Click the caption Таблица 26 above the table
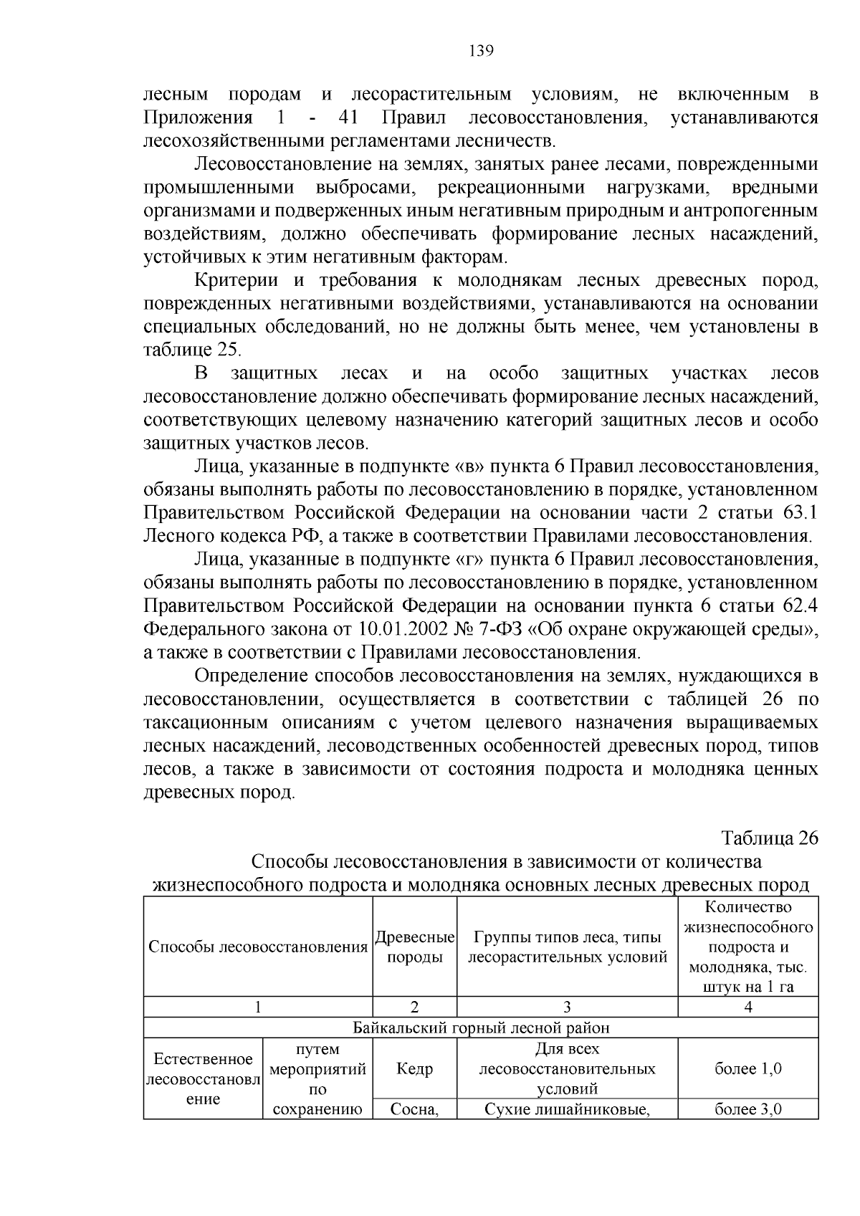(769, 838)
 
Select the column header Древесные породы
(415, 947)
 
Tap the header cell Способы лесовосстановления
(258, 947)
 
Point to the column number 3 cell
(567, 1007)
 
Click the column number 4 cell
(747, 1007)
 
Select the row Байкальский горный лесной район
(481, 1028)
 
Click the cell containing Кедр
(415, 1068)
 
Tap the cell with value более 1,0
(747, 1068)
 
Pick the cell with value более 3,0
(747, 1110)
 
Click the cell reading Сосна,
(415, 1110)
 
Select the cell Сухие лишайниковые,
(567, 1110)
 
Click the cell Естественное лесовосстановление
(203, 1078)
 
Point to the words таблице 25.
(193, 350)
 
